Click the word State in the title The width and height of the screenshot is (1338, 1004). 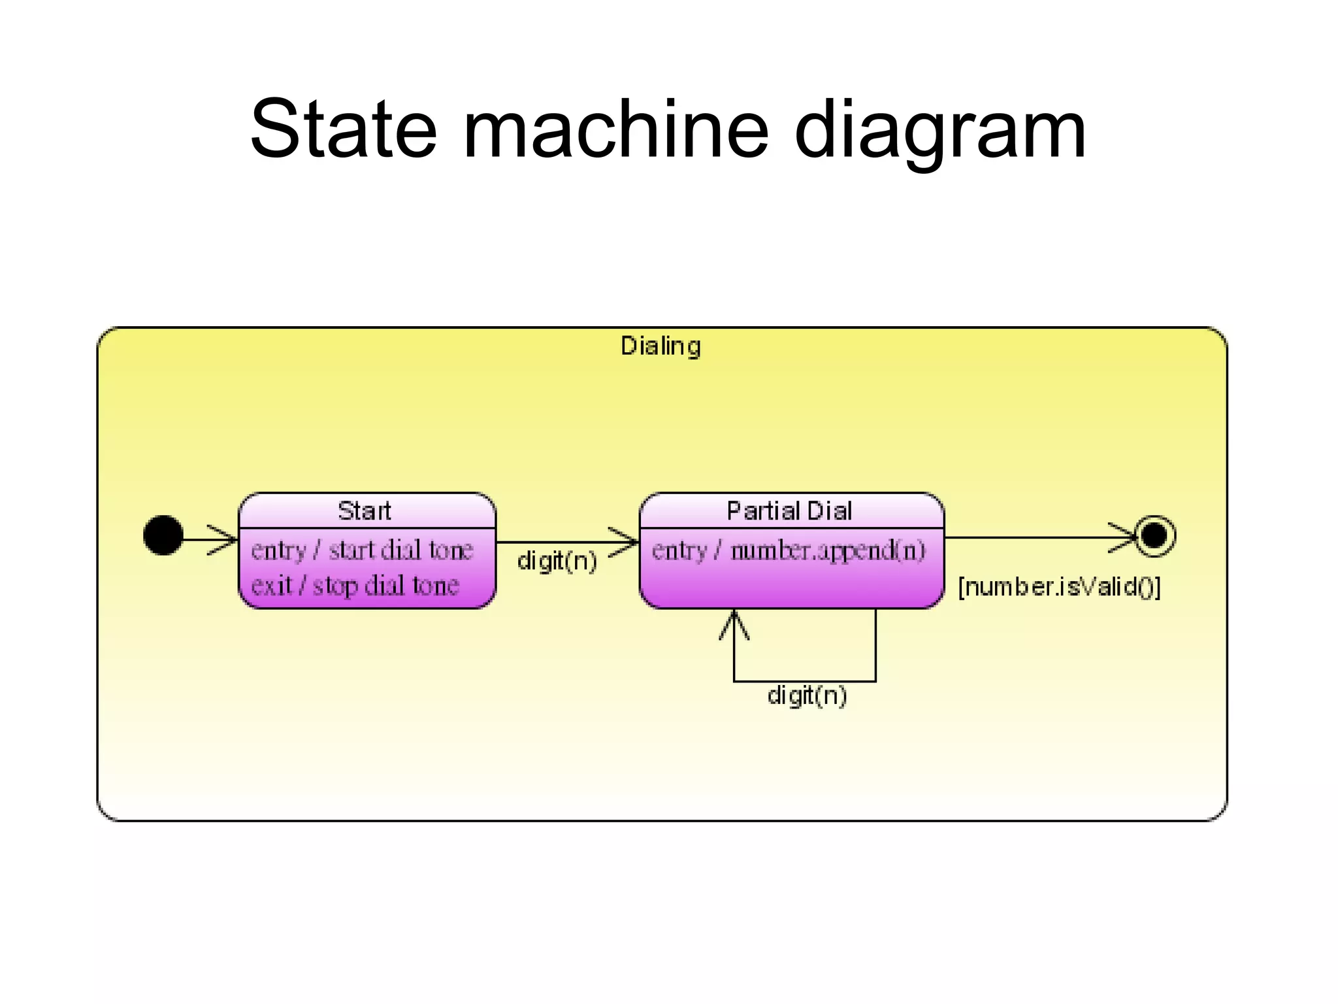tap(342, 129)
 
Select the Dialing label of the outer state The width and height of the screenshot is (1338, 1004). tap(661, 346)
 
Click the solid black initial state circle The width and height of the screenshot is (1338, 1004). tap(163, 535)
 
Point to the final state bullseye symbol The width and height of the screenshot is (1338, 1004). tap(1154, 536)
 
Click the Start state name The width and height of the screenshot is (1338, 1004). tap(365, 510)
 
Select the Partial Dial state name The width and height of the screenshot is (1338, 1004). tap(789, 510)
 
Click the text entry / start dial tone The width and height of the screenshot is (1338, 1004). tap(362, 550)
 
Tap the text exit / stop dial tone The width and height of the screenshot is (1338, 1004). tap(355, 585)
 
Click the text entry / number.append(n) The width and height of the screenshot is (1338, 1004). tap(789, 550)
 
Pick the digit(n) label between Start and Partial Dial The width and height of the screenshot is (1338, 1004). tap(557, 561)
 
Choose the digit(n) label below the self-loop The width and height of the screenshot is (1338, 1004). tap(807, 695)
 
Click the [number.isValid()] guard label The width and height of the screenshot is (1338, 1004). tap(1059, 587)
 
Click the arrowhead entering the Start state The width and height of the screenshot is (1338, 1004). tap(225, 539)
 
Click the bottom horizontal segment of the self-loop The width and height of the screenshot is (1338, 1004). tap(804, 681)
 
